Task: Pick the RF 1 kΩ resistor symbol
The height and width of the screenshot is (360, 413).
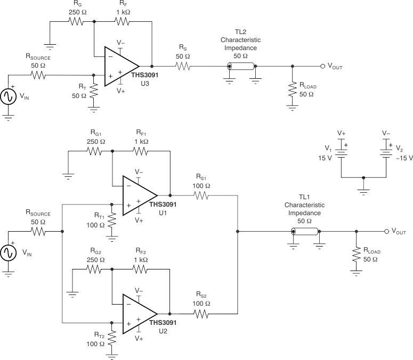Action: coord(122,22)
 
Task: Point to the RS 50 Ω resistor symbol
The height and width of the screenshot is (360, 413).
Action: coord(182,67)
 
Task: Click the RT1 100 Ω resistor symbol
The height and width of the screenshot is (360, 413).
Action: coord(112,219)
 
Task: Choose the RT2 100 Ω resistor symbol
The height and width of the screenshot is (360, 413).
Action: coord(112,337)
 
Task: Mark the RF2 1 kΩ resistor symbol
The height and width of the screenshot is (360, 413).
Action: coord(140,269)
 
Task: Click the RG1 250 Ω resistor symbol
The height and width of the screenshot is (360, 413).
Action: coord(94,151)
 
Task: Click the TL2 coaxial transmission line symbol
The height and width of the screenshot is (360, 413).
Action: coord(241,67)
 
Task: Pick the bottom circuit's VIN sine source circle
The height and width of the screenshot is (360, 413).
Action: coord(9,253)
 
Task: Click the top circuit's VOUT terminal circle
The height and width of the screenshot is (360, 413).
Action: coord(322,67)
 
